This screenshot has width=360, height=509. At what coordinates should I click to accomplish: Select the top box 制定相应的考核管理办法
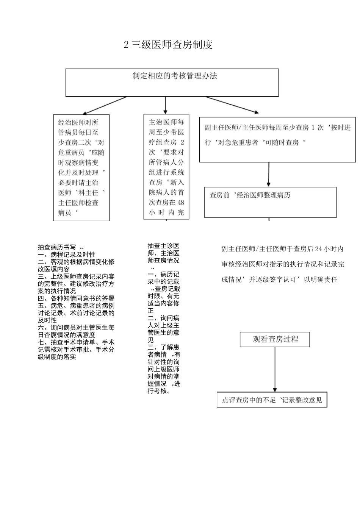pos(172,82)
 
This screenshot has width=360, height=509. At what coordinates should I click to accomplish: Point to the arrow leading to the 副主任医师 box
pos(232,105)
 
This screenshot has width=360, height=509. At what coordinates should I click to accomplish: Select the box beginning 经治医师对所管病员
pos(81,167)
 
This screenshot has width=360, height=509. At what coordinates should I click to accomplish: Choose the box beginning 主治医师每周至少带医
pos(166,167)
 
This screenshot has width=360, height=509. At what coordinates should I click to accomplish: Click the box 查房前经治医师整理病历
pos(270,202)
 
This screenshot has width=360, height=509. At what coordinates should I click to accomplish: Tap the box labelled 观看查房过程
pos(275,339)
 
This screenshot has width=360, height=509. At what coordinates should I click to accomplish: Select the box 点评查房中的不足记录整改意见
pos(272,400)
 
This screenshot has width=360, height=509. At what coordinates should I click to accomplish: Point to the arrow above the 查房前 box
pos(269,175)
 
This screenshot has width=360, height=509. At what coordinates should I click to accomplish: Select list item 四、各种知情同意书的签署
pos(76,298)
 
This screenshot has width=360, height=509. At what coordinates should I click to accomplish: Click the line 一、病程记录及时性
pos(67,254)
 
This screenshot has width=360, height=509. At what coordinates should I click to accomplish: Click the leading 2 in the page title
pos(126,45)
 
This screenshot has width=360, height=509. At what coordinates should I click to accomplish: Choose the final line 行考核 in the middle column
pos(159,391)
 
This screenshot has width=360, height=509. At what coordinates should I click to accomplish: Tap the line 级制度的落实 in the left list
pos(57,357)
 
